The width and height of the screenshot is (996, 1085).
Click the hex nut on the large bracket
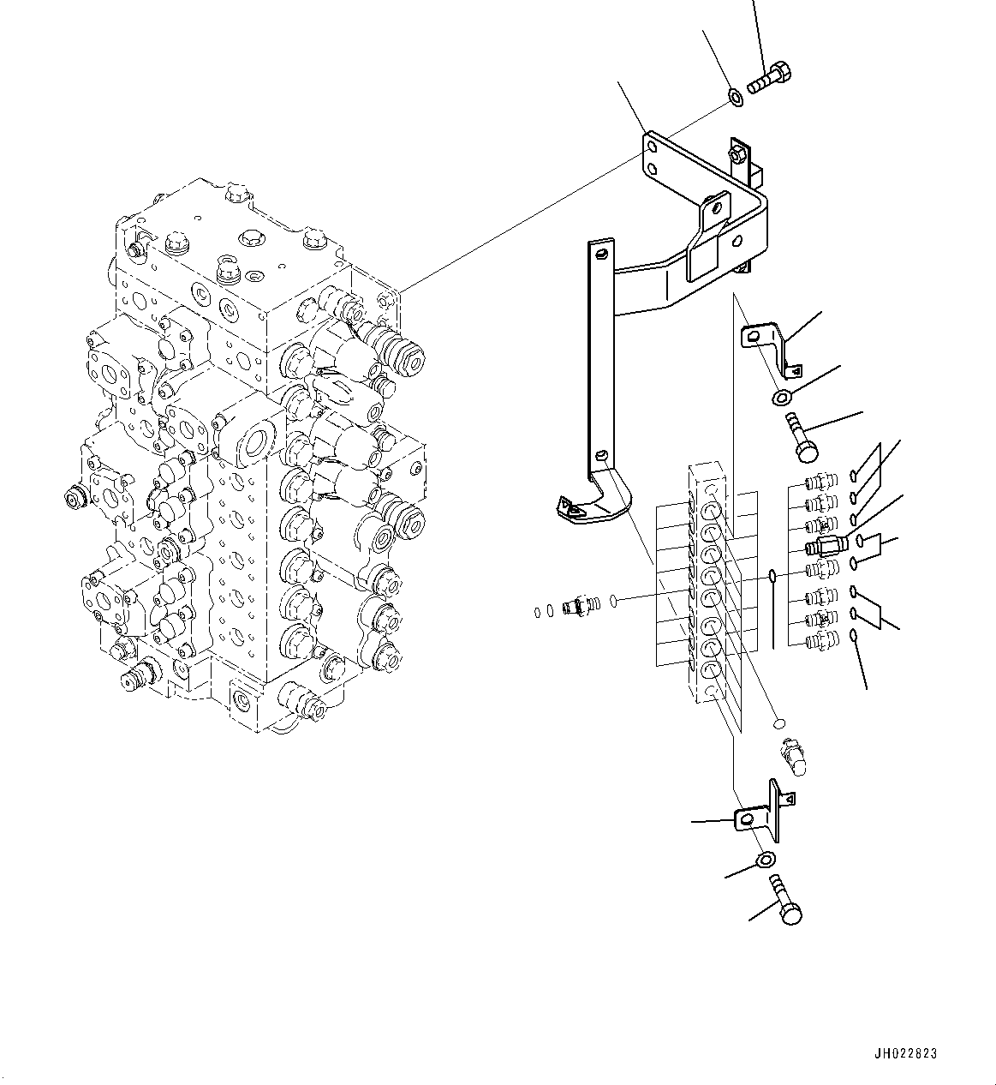tap(737, 155)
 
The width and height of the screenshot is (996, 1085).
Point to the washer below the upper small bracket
tap(781, 397)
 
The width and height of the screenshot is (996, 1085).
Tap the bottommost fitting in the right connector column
tap(821, 638)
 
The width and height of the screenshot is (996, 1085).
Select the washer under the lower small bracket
tap(766, 860)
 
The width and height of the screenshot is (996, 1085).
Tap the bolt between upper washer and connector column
tap(800, 434)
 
